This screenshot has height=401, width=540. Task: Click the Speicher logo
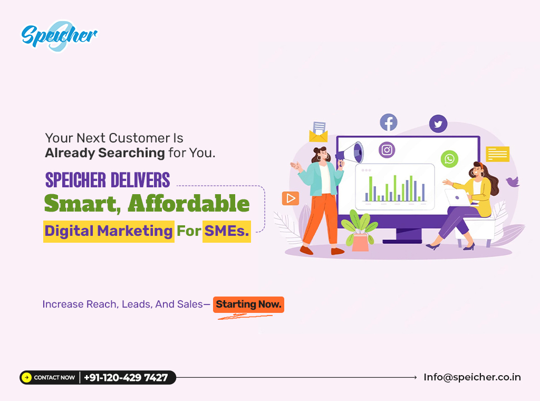59,36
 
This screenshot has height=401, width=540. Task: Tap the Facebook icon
389,122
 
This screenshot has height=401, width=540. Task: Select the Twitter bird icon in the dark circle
438,123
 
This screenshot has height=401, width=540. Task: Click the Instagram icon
387,150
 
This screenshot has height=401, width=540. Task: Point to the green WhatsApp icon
449,159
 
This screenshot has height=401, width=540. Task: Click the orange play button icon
291,198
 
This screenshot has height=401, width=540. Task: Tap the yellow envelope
318,136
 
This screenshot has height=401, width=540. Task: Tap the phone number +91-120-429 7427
126,378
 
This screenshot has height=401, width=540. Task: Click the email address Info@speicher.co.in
472,377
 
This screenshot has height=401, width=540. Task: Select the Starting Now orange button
249,304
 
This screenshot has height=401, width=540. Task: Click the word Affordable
189,204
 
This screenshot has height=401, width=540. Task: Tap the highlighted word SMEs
227,231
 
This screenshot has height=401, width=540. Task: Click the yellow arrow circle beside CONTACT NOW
26,378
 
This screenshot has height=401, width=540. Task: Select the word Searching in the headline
131,153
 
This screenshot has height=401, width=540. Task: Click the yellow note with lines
497,154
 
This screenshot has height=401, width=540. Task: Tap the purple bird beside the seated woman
513,182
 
